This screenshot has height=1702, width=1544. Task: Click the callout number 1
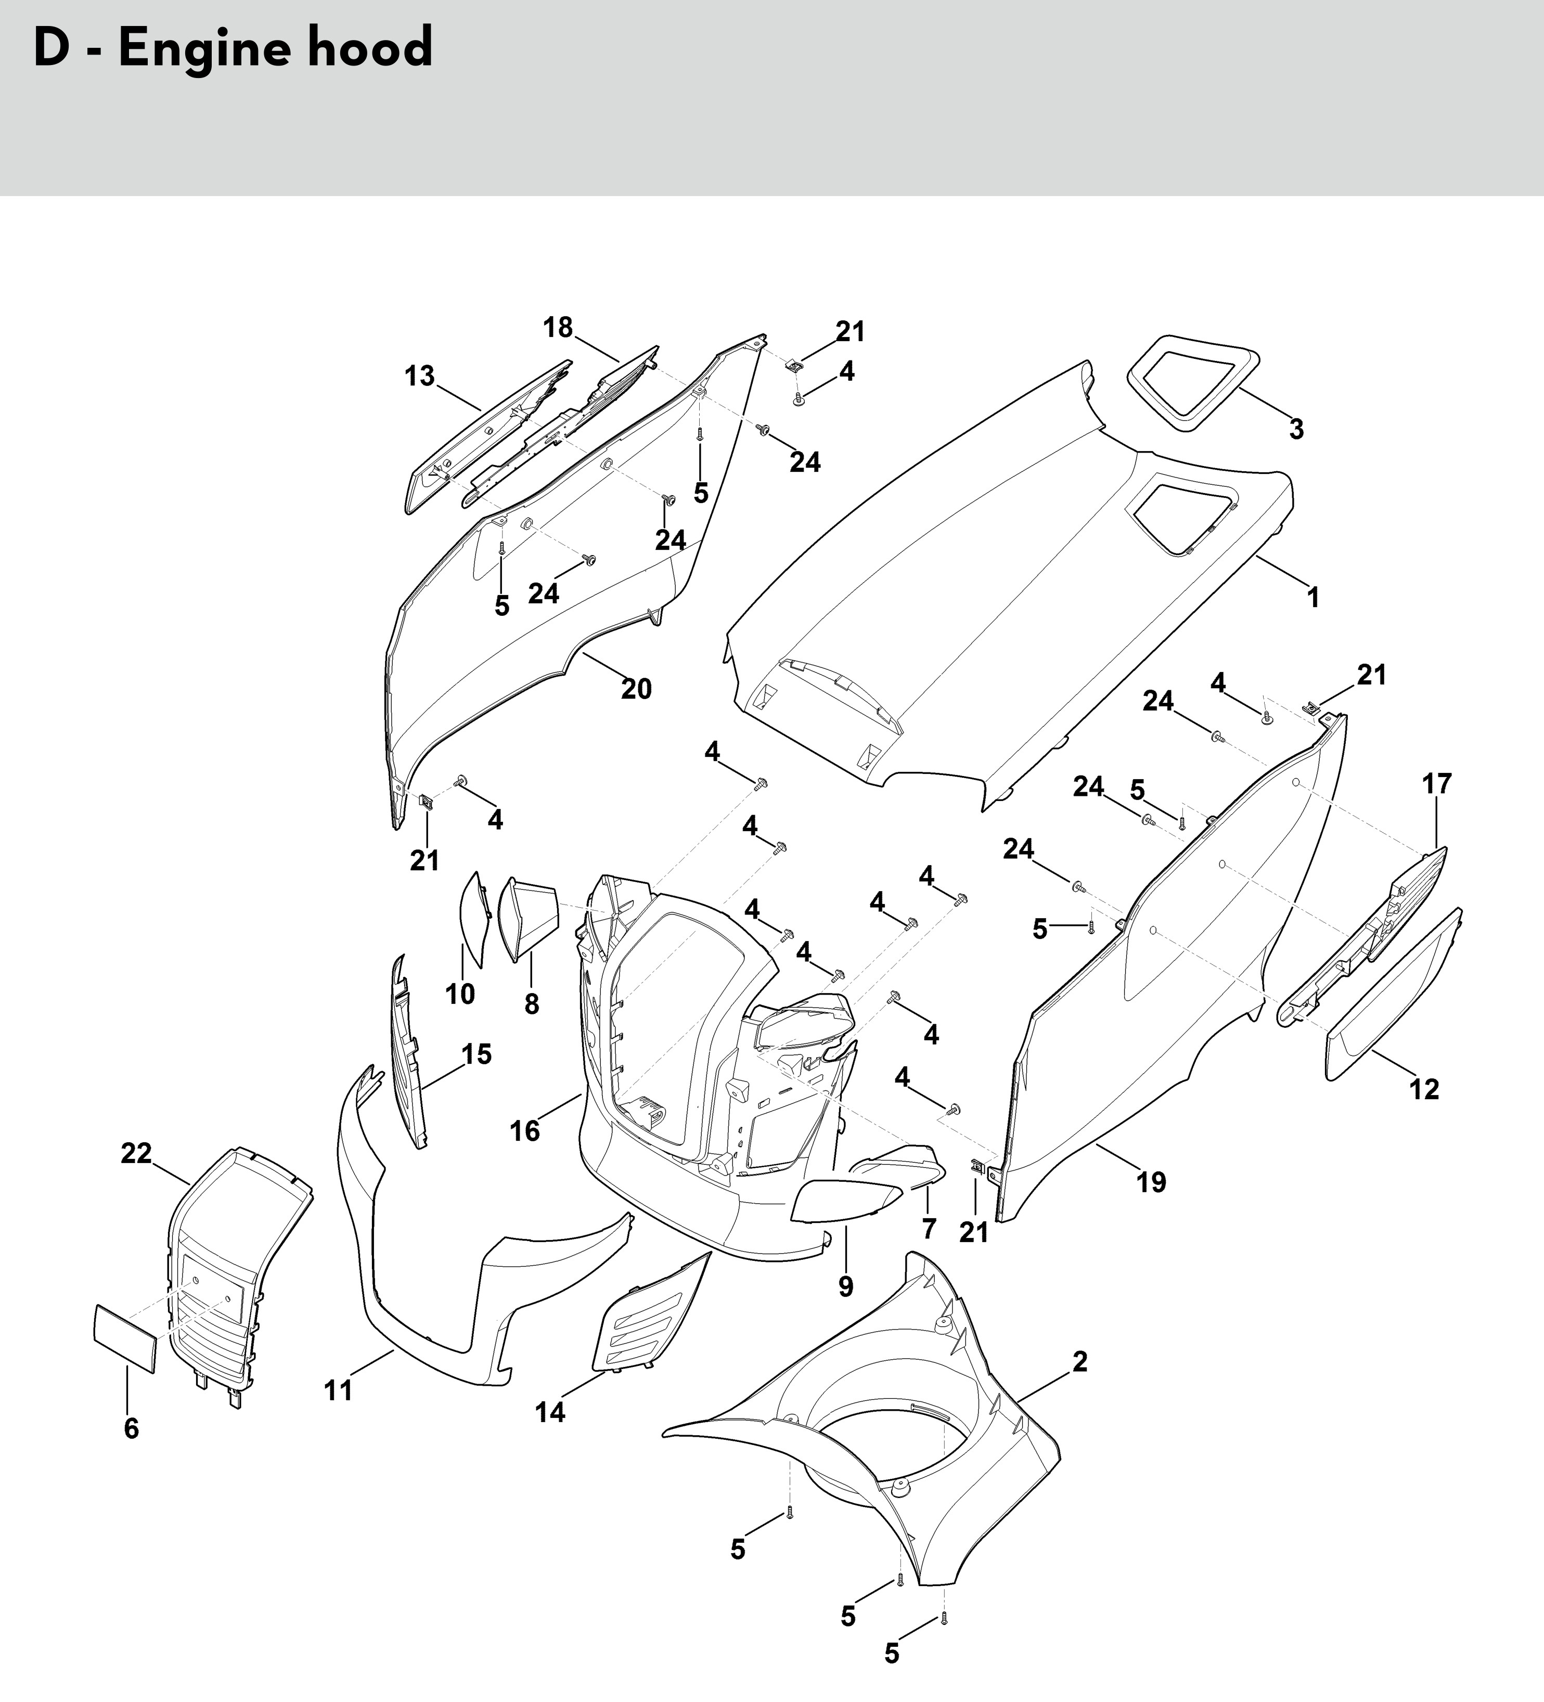pos(1312,598)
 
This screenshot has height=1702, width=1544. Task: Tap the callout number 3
pos(1296,430)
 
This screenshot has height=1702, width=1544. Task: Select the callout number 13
pos(420,376)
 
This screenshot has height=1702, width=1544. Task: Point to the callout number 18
pos(558,328)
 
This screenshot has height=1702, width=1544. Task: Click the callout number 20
pos(637,689)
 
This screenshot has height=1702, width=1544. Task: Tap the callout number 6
pos(131,1428)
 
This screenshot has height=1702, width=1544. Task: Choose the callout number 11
pos(339,1389)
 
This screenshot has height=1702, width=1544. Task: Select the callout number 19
pos(1151,1182)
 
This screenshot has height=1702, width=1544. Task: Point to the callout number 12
pos(1424,1089)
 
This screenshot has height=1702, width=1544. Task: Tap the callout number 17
pos(1437,784)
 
